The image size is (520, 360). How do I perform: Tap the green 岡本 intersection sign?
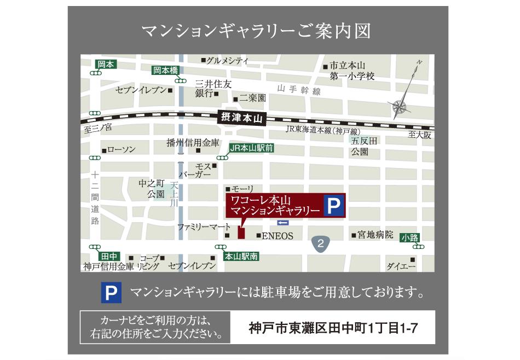[106, 64]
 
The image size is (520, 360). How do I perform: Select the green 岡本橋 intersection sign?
[165, 69]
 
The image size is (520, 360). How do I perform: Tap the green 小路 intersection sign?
[409, 237]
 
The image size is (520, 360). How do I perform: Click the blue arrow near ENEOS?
[282, 223]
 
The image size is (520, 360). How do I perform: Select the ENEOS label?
[278, 236]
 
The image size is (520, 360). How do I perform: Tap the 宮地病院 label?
[375, 235]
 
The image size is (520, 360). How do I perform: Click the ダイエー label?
[401, 266]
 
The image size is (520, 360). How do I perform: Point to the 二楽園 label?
[252, 98]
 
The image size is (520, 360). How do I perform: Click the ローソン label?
[121, 150]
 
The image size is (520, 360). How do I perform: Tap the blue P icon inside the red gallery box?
[333, 205]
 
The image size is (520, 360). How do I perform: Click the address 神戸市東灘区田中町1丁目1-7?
[334, 329]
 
